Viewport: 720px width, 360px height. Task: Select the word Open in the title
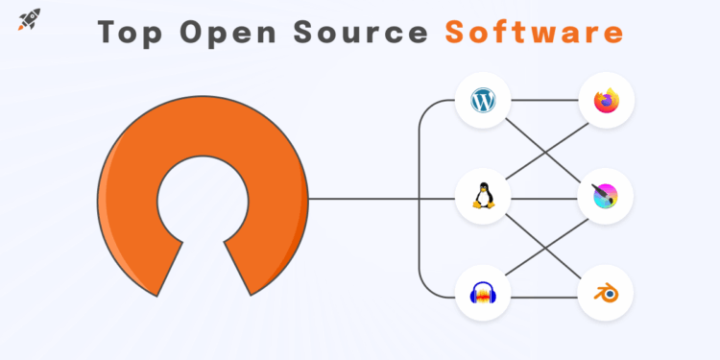point(228,33)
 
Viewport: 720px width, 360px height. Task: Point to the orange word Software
point(534,33)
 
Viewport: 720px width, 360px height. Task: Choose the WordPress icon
point(482,100)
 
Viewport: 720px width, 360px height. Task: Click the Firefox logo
point(607,100)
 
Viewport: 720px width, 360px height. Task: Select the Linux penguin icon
point(482,197)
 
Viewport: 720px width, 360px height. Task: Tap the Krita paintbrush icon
point(607,197)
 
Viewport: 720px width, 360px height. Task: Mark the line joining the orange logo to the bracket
point(365,199)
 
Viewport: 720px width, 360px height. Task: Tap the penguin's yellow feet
point(482,206)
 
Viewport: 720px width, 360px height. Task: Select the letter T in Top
point(108,33)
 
